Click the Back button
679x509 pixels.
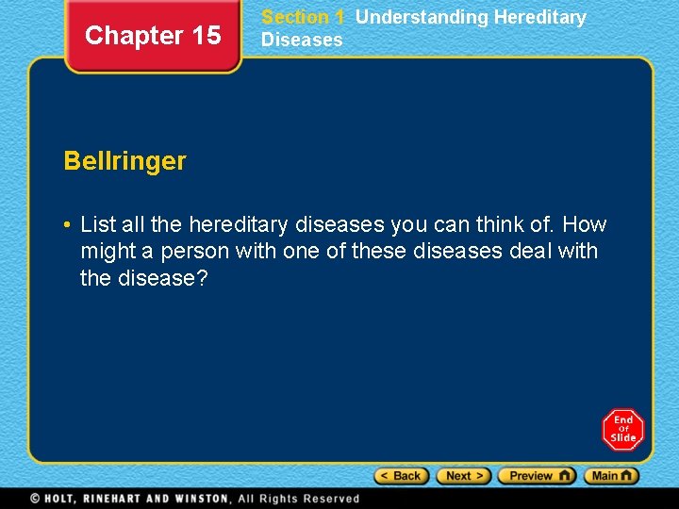click(402, 476)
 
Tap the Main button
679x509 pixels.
click(611, 476)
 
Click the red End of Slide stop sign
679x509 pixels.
click(622, 430)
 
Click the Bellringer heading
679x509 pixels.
click(124, 161)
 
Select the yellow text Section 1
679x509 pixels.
click(302, 17)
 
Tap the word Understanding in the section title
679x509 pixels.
click(422, 17)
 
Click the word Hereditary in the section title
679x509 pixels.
click(540, 17)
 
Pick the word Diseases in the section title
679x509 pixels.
click(302, 40)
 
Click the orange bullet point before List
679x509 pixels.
click(68, 225)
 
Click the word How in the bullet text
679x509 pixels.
click(585, 224)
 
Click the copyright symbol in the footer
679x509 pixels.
click(35, 499)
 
